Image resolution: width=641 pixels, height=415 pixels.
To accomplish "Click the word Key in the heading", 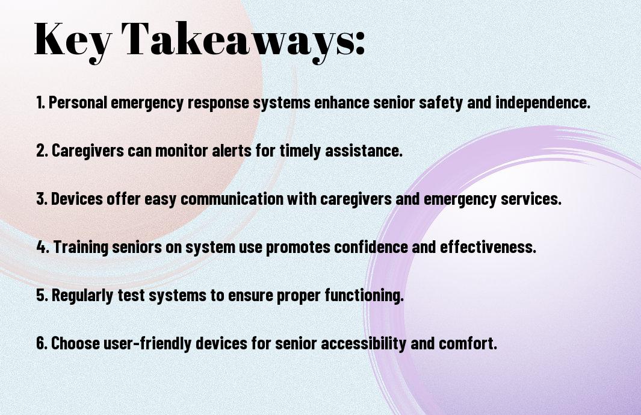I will (70, 40).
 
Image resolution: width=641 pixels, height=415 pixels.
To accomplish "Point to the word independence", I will (542, 102).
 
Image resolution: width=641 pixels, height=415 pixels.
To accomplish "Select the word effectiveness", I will (491, 247).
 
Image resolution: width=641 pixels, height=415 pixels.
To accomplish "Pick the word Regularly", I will (82, 295).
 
